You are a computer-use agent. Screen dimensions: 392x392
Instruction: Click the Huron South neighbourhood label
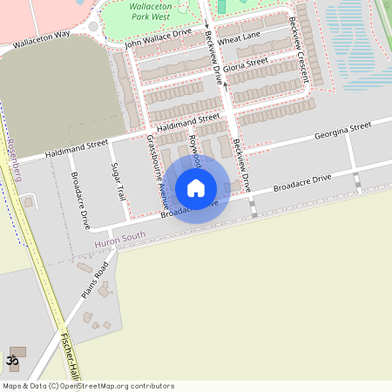(120, 237)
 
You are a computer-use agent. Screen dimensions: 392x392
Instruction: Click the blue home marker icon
(196, 187)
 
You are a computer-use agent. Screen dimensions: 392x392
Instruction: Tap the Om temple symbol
(12, 360)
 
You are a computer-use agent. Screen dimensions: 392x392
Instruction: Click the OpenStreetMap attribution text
(87, 386)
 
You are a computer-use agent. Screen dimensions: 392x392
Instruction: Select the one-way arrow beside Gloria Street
(226, 85)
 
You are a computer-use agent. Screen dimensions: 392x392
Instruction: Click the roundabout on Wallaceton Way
(92, 26)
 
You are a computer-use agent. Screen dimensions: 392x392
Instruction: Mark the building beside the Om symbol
(18, 351)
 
